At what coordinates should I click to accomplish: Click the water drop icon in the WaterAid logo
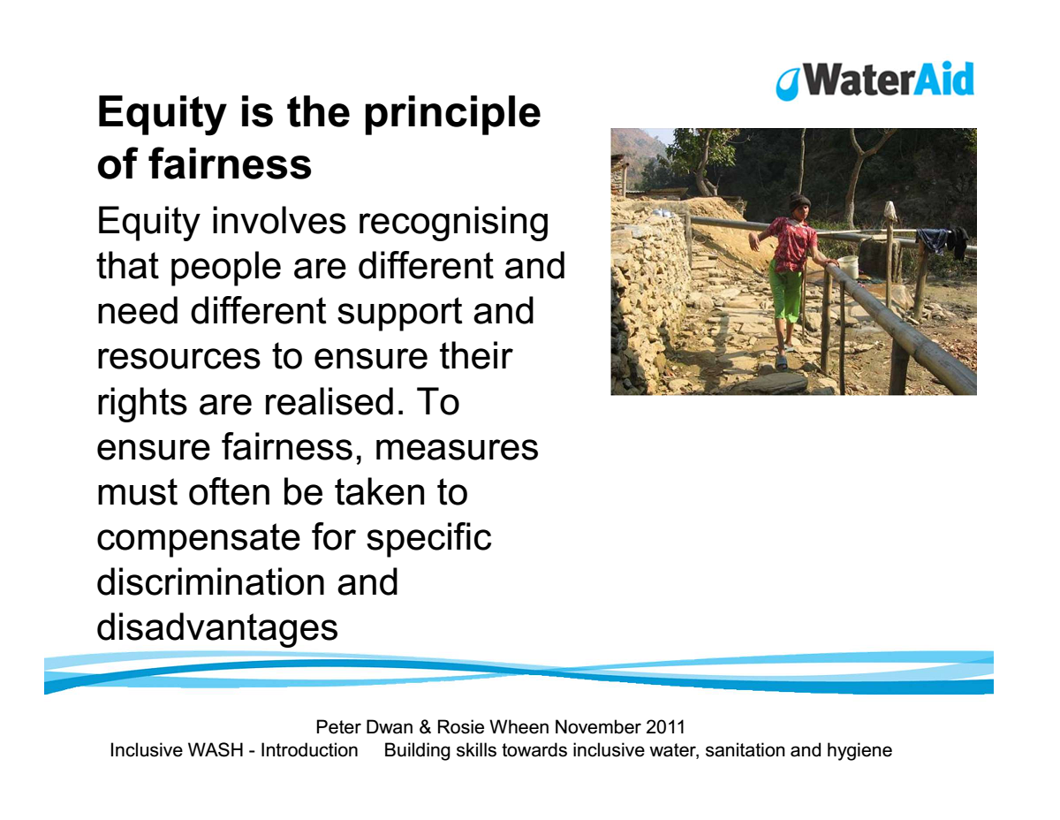coord(787,83)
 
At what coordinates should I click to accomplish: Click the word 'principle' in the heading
coord(452,114)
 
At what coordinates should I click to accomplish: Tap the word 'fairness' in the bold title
coord(230,163)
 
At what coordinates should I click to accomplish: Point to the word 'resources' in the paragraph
coord(179,357)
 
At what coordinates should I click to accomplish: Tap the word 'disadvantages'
coord(217,627)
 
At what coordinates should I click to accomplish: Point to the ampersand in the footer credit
coord(425,727)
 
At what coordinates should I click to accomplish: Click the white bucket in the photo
coord(848,266)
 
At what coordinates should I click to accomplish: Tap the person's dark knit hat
coord(799,201)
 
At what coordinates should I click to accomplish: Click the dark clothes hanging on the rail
coord(943,240)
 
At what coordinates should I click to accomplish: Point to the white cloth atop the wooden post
coord(890,211)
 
